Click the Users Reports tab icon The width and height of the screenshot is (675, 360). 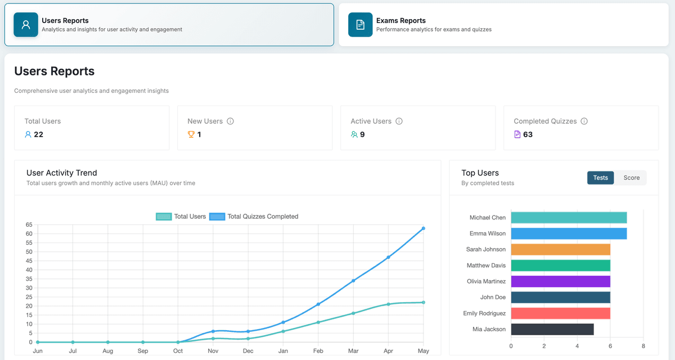tap(26, 25)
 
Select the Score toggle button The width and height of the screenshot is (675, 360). tap(631, 178)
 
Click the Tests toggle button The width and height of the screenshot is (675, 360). tap(600, 178)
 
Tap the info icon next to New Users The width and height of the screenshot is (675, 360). tap(231, 121)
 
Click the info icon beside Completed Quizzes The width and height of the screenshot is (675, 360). tap(584, 121)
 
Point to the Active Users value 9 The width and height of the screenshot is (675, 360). tap(362, 134)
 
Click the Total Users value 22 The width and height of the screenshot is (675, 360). tap(38, 134)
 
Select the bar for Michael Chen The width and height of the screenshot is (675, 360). tap(569, 218)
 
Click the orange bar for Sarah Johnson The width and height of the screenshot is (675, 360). tap(560, 249)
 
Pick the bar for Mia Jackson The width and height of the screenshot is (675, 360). tap(552, 329)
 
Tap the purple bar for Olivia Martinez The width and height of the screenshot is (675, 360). tap(560, 281)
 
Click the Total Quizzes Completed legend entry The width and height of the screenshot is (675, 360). tap(254, 217)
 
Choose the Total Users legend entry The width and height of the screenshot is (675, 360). tap(181, 217)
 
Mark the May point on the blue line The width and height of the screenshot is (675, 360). tap(423, 228)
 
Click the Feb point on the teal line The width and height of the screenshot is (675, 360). tap(318, 322)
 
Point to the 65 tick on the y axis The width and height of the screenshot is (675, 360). tap(29, 225)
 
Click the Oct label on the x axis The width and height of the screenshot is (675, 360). tap(178, 351)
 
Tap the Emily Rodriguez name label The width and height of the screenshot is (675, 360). tap(484, 313)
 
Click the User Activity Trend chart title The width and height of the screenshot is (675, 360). tap(62, 173)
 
